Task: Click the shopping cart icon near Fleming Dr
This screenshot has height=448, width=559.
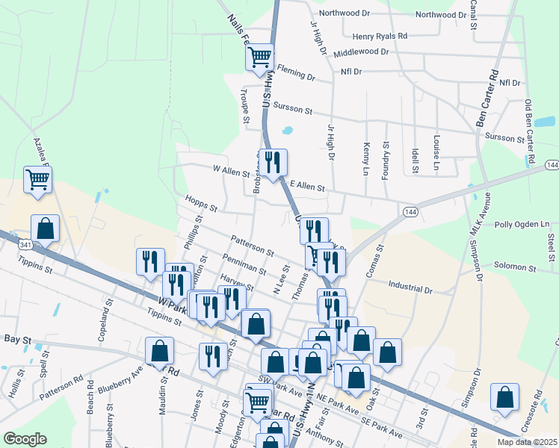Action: tap(260, 56)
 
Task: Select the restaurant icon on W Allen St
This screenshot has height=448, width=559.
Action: tap(272, 161)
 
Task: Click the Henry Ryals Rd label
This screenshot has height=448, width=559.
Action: tap(380, 36)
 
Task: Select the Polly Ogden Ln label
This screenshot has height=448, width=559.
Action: tap(522, 224)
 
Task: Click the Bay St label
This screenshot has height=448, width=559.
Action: tap(17, 340)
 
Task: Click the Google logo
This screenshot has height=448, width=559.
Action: tap(25, 439)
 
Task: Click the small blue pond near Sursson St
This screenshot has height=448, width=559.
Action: tap(287, 132)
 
